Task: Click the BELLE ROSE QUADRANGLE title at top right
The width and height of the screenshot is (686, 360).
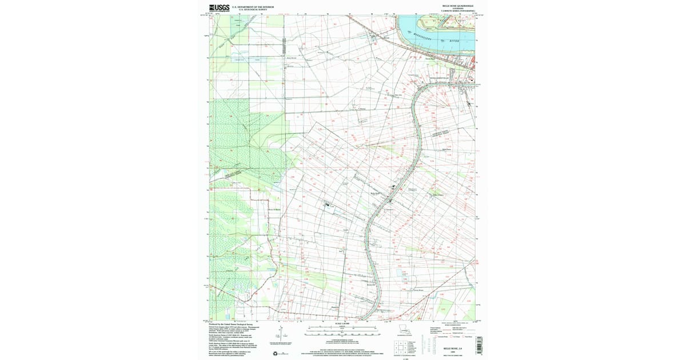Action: (x=458, y=6)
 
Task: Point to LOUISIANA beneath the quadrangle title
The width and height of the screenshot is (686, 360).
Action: (x=458, y=9)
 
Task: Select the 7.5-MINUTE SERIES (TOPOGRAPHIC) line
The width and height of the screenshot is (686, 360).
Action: (x=458, y=11)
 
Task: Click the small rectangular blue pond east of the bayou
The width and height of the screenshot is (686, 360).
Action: (x=404, y=275)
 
